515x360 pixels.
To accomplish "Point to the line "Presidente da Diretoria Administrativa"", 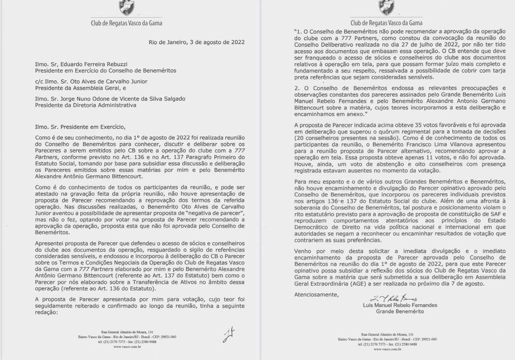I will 85,105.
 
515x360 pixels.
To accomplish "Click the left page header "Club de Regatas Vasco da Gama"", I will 129,24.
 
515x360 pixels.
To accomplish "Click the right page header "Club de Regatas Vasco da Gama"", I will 386,24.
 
